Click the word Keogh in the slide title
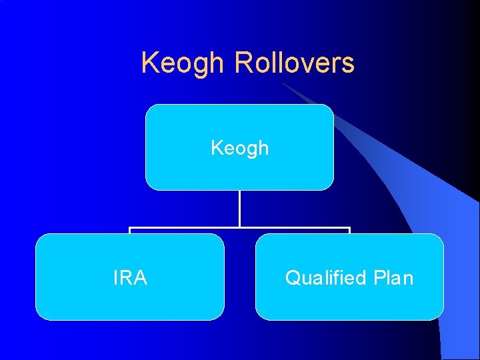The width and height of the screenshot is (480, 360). [x=183, y=64]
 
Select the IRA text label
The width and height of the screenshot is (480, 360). [x=130, y=277]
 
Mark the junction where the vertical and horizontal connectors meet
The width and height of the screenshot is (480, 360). [x=239, y=228]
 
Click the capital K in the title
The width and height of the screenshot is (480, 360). [x=150, y=63]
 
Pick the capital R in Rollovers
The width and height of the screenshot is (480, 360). [x=242, y=63]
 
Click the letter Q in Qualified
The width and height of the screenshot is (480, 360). [x=292, y=277]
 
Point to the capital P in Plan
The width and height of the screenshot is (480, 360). [x=378, y=277]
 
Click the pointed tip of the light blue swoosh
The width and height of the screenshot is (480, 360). [x=283, y=84]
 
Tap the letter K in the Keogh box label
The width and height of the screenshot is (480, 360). [x=216, y=147]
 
